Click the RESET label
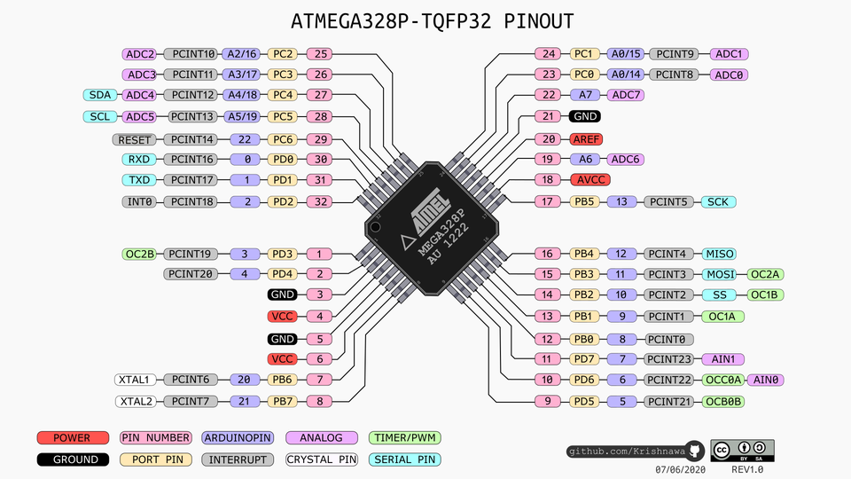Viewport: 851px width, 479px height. pos(135,139)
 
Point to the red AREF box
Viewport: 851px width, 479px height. pos(586,138)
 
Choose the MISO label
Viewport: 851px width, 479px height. pos(719,254)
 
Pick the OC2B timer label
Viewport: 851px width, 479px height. pos(140,255)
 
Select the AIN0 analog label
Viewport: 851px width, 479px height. pos(767,380)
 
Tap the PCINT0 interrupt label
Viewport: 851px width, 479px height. pos(668,338)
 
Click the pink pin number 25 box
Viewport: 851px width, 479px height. pos(322,54)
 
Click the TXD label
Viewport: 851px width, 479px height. pos(140,180)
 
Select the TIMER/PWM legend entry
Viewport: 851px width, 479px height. pos(404,438)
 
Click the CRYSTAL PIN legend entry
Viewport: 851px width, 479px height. pos(321,459)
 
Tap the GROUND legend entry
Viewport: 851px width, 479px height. pos(73,459)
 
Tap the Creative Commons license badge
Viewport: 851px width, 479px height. pos(741,450)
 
